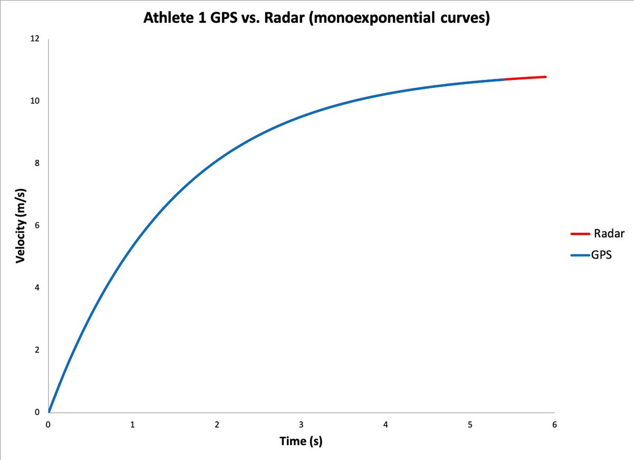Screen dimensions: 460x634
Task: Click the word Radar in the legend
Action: [x=610, y=234]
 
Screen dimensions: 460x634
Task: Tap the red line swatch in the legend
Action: [x=580, y=234]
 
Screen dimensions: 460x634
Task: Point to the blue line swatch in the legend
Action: [x=580, y=255]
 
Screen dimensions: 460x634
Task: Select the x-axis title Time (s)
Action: [x=301, y=441]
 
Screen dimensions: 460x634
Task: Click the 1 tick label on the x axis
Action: [x=133, y=425]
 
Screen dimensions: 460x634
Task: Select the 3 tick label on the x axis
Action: [x=301, y=425]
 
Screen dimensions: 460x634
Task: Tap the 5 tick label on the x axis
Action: [x=470, y=425]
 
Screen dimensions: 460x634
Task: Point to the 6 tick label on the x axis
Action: [x=554, y=425]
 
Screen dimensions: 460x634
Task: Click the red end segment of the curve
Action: [x=526, y=78]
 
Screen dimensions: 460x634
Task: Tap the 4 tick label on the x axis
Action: [x=386, y=425]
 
